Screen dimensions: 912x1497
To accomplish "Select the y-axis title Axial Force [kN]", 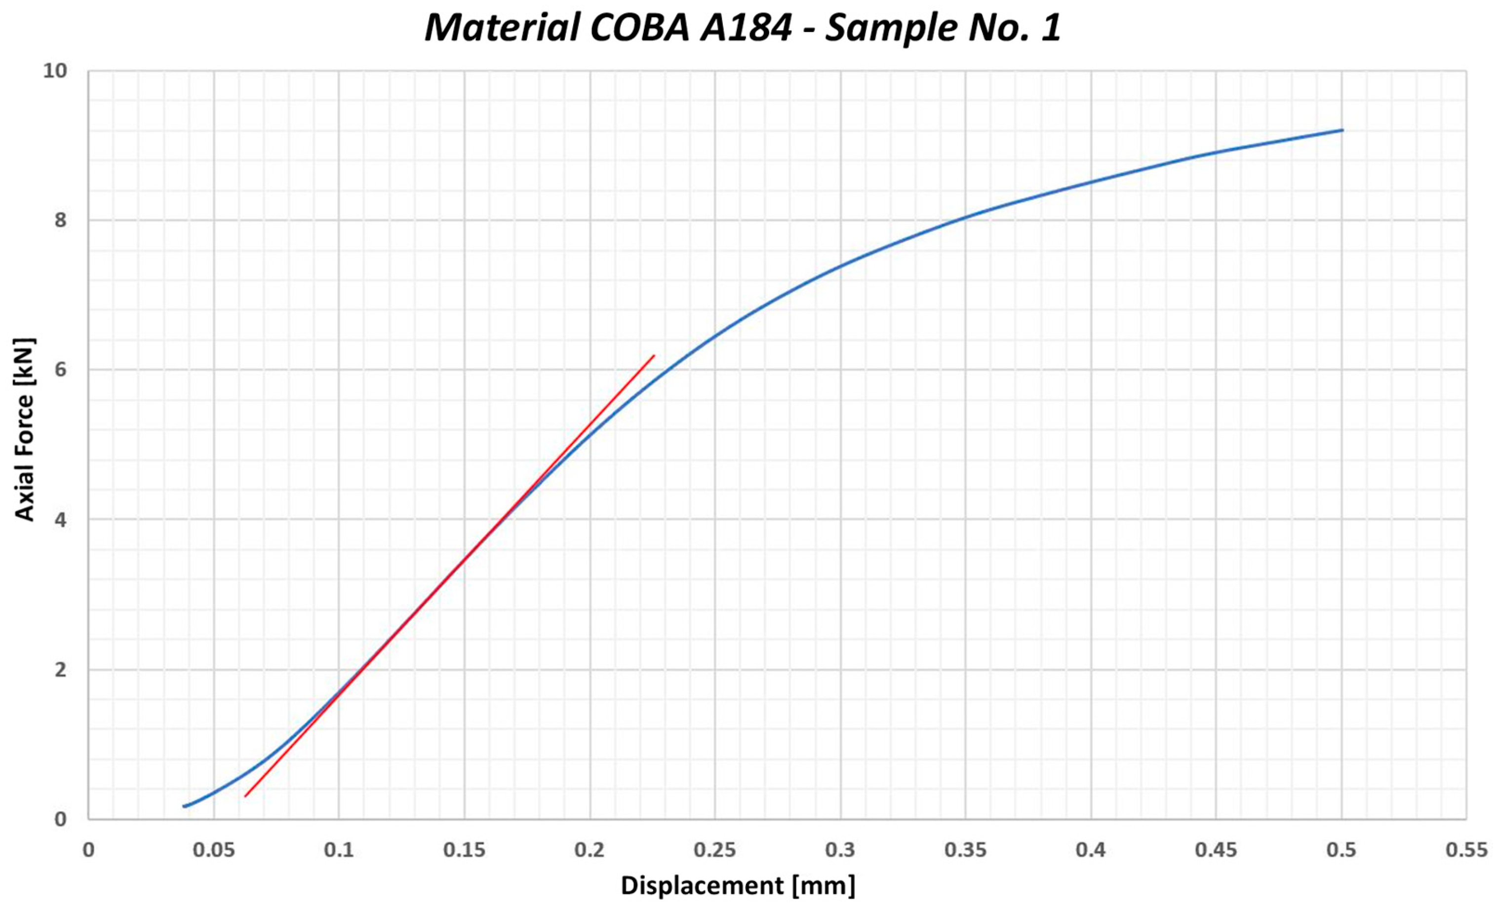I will (25, 429).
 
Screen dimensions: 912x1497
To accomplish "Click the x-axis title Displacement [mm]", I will (738, 885).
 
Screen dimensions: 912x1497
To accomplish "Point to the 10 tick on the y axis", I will (55, 71).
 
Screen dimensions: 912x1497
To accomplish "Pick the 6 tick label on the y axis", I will (60, 369).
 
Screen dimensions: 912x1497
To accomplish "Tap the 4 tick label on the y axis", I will (60, 519).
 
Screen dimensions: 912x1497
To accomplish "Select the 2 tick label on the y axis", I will (60, 670).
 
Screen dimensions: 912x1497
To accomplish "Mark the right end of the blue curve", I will (1342, 130).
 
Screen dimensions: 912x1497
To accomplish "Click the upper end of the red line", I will (654, 355).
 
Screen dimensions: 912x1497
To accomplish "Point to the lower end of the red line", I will (245, 796).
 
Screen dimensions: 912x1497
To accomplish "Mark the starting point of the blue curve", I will (184, 806).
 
